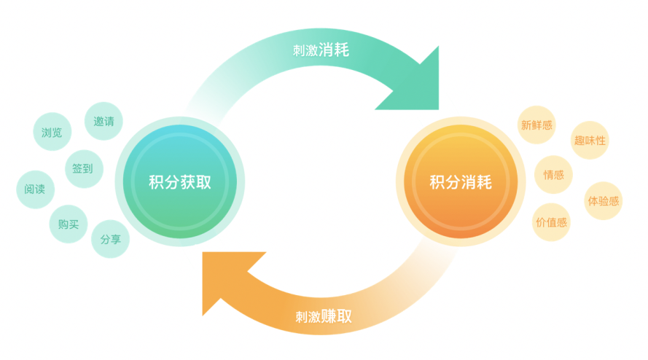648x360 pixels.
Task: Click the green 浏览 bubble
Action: click(52, 132)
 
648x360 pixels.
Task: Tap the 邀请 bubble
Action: click(104, 121)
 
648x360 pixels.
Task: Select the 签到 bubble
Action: click(83, 169)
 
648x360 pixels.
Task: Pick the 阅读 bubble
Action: click(35, 189)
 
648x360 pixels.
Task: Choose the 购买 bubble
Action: click(69, 224)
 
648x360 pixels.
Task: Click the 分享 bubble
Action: click(111, 238)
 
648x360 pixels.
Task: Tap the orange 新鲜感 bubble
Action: click(536, 125)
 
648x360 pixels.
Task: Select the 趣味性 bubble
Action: click(590, 140)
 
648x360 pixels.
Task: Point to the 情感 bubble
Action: click(554, 174)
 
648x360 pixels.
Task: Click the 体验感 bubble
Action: click(604, 200)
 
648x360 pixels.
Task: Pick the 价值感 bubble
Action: click(551, 222)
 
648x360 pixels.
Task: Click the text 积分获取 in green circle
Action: click(179, 182)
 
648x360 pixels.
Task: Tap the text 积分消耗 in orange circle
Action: click(460, 182)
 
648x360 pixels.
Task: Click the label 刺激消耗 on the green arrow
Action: click(321, 50)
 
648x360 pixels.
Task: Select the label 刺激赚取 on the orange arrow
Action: click(324, 316)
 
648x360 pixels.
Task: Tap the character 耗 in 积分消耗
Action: click(484, 182)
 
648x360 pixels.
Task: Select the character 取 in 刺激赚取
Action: click(345, 316)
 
